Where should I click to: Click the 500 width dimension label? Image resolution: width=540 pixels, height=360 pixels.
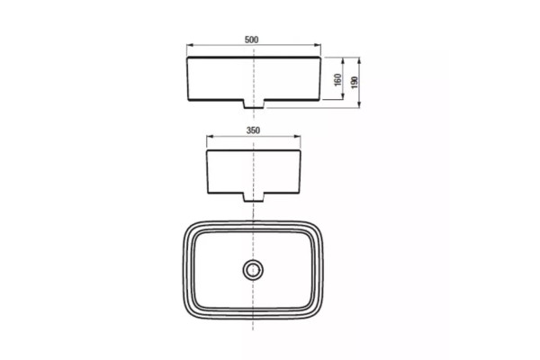[x=251, y=40]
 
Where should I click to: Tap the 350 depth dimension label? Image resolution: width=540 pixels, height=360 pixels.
[x=253, y=130]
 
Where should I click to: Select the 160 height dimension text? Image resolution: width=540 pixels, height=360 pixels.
[x=337, y=79]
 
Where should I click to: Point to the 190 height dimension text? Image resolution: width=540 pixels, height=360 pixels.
[x=355, y=83]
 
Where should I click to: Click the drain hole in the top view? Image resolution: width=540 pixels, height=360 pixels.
[x=253, y=269]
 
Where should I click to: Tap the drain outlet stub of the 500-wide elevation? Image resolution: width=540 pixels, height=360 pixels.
[x=254, y=104]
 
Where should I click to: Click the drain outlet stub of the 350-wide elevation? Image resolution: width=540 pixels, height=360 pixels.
[x=254, y=197]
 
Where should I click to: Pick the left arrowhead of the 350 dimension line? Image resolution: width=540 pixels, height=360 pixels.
[x=210, y=137]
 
